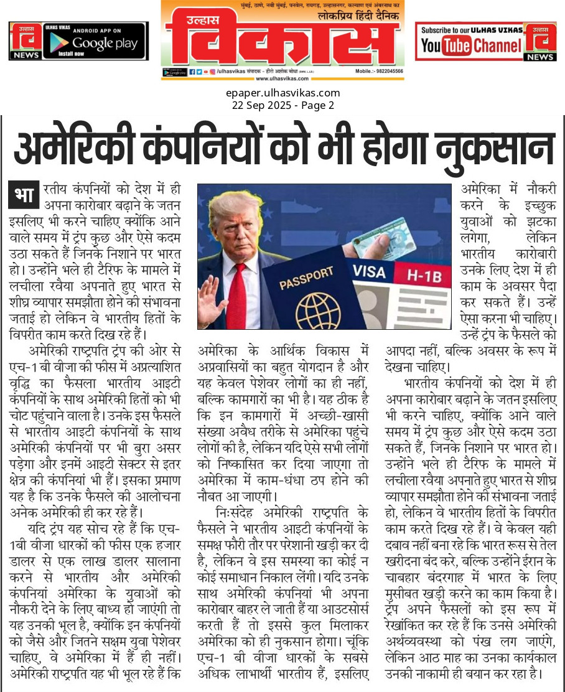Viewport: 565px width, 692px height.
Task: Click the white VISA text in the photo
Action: click(x=370, y=271)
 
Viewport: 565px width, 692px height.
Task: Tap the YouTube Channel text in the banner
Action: click(x=470, y=45)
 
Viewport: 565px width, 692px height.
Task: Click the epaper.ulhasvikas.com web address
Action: click(x=282, y=93)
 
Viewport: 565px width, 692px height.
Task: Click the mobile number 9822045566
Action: click(x=388, y=72)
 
